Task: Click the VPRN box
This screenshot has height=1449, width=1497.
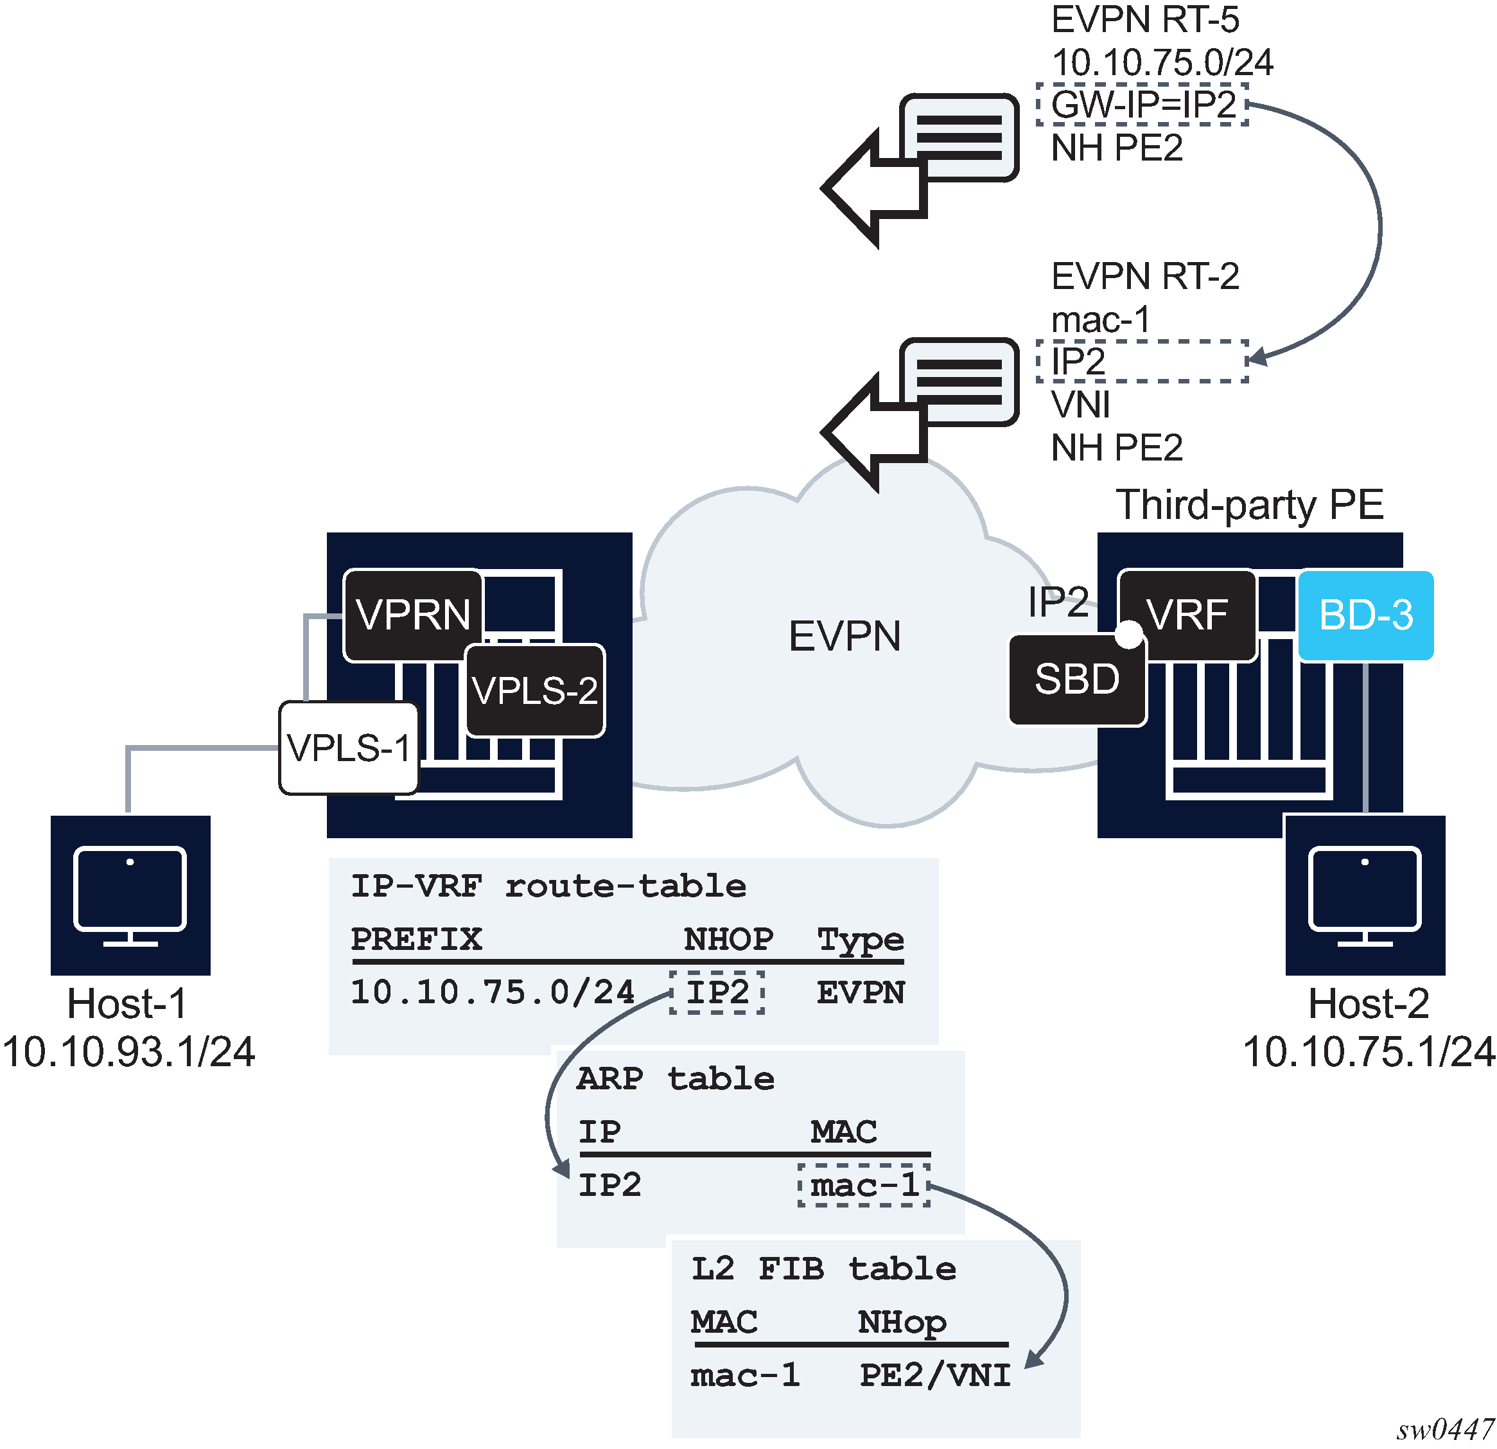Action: tap(413, 615)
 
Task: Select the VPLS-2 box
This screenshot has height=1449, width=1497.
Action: tap(534, 690)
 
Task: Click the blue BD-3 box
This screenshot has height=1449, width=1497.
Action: tap(1365, 615)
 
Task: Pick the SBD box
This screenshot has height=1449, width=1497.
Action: tap(1076, 680)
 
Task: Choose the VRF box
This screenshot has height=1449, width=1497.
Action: tap(1187, 615)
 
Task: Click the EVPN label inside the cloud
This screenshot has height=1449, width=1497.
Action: tap(844, 637)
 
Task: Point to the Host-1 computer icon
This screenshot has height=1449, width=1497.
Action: tap(130, 895)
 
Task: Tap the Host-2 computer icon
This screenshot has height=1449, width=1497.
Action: tap(1365, 895)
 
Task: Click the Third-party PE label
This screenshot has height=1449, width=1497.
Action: tap(1250, 505)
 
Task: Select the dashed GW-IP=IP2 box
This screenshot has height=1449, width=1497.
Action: tap(1142, 105)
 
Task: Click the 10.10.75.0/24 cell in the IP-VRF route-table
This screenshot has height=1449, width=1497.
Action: tap(493, 992)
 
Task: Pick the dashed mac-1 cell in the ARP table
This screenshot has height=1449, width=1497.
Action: tap(864, 1185)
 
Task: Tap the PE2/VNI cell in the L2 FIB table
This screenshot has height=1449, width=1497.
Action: tap(935, 1375)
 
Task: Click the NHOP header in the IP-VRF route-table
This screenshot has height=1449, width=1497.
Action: tap(728, 939)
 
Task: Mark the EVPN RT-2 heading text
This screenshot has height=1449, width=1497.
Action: tap(1145, 277)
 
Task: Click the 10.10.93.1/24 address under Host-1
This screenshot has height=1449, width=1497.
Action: tap(128, 1052)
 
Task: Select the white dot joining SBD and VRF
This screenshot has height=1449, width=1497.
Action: tap(1129, 634)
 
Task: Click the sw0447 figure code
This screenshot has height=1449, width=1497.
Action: tap(1445, 1429)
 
